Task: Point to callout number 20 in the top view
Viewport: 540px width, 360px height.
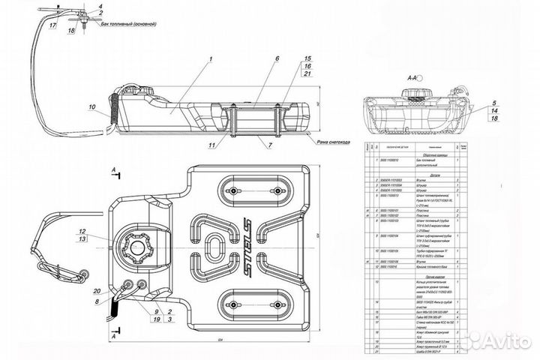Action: (96, 291)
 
